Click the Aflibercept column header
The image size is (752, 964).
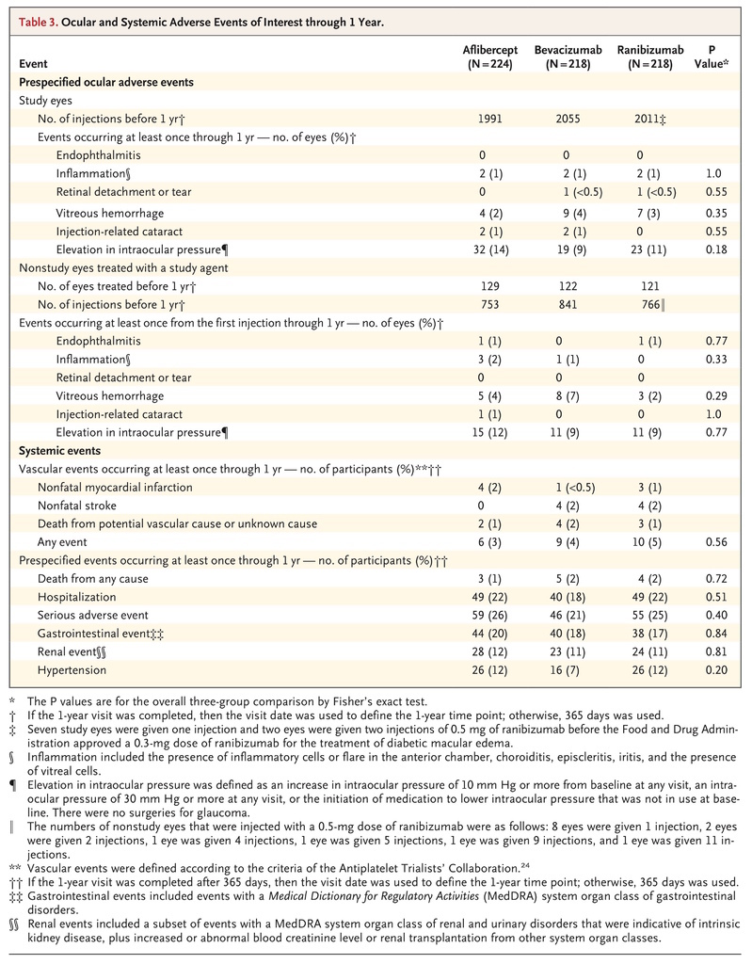coord(490,56)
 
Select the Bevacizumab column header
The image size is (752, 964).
coord(568,56)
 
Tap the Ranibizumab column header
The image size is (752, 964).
coord(650,56)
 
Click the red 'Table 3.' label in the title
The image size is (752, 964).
coord(39,23)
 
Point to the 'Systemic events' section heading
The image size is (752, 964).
coord(59,451)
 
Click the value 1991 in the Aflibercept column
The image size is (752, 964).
coord(490,119)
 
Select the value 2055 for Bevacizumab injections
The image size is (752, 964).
coord(568,119)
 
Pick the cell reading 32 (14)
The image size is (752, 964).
coord(490,249)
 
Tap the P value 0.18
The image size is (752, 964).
coord(716,249)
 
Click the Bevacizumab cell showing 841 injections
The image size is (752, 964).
coord(568,304)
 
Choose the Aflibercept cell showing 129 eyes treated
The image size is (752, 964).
coord(490,286)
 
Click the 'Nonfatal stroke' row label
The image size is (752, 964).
coord(77,506)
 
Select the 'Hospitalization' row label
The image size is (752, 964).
coord(76,597)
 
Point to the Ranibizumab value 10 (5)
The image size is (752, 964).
coord(649,542)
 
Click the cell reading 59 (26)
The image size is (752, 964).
coord(490,616)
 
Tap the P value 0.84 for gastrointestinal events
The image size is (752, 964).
coord(716,634)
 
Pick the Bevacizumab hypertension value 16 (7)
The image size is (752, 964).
coord(568,670)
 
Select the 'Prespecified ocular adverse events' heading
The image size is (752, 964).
coord(106,83)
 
